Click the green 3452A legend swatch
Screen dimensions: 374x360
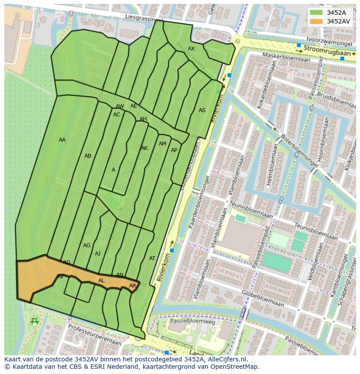click(316, 13)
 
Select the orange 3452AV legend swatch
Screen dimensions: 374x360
click(316, 21)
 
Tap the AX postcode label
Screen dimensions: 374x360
click(191, 49)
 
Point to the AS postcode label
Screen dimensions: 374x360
click(202, 110)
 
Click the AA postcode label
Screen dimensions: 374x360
click(62, 140)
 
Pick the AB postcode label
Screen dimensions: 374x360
click(88, 156)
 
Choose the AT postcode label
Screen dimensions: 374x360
click(152, 258)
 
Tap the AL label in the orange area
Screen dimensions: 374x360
click(101, 281)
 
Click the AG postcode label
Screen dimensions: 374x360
click(87, 245)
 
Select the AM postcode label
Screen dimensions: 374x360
click(163, 144)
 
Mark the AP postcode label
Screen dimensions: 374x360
click(174, 150)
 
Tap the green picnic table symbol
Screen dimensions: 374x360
click(35, 321)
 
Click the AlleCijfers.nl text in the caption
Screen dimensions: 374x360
click(226, 359)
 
